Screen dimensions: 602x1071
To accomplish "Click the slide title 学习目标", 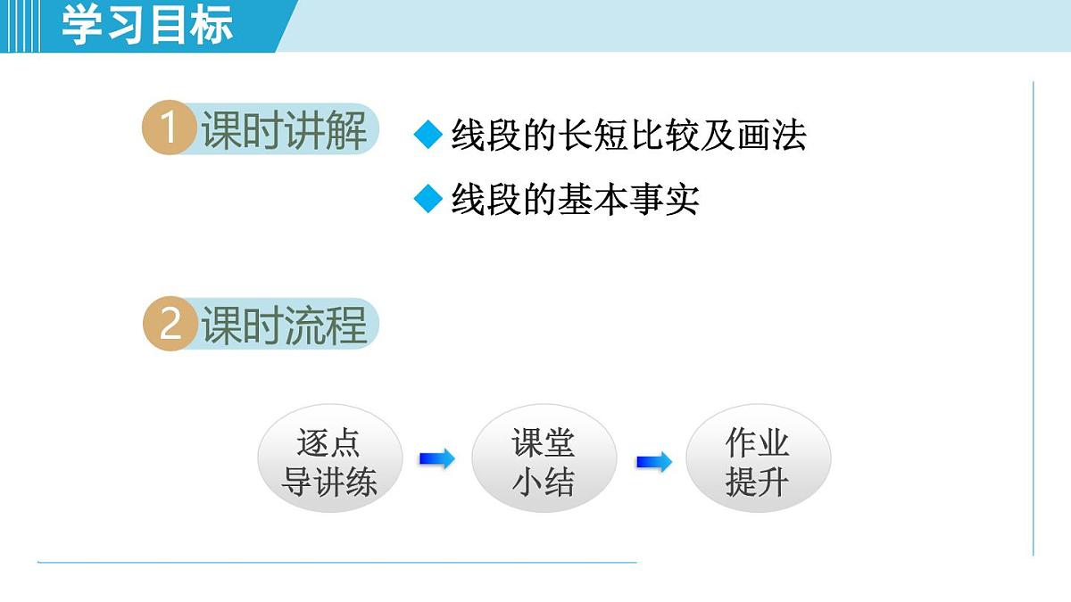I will pyautogui.click(x=147, y=24).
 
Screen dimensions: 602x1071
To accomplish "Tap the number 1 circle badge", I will pyautogui.click(x=168, y=130).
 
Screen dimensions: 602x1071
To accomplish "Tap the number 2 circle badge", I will pyautogui.click(x=169, y=324).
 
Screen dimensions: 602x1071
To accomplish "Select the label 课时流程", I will pyautogui.click(x=284, y=325).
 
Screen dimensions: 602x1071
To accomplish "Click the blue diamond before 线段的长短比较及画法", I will pyautogui.click(x=428, y=136).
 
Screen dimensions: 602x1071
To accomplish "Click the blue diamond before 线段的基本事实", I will pyautogui.click(x=428, y=199).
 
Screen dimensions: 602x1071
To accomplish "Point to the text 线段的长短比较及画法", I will pyautogui.click(x=628, y=136).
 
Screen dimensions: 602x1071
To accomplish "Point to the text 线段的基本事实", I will pyautogui.click(x=575, y=199).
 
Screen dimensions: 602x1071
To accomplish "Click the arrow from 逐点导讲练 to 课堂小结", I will pyautogui.click(x=436, y=459).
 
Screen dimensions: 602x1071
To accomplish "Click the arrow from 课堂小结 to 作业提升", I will pyautogui.click(x=653, y=462).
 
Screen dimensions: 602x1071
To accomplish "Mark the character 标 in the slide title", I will pyautogui.click(x=212, y=24).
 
